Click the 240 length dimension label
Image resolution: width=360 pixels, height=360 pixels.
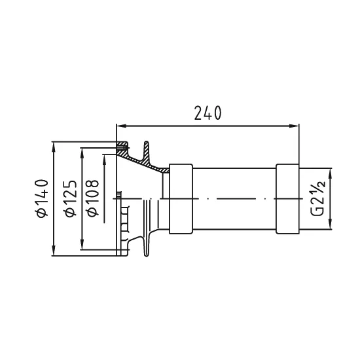point(207,113)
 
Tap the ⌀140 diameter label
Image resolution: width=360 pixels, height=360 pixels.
point(41,198)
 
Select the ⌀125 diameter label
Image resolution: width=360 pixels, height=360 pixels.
point(70,198)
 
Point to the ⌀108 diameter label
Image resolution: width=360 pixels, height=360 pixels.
point(93,198)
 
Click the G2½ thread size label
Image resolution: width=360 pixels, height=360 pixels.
point(318,198)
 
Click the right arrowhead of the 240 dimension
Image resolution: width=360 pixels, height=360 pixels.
point(294,126)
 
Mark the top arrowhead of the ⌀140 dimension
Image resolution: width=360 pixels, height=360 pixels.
point(54,147)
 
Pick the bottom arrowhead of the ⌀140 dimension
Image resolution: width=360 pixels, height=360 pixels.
point(54,251)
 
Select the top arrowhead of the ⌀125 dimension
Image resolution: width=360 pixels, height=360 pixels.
point(82,153)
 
